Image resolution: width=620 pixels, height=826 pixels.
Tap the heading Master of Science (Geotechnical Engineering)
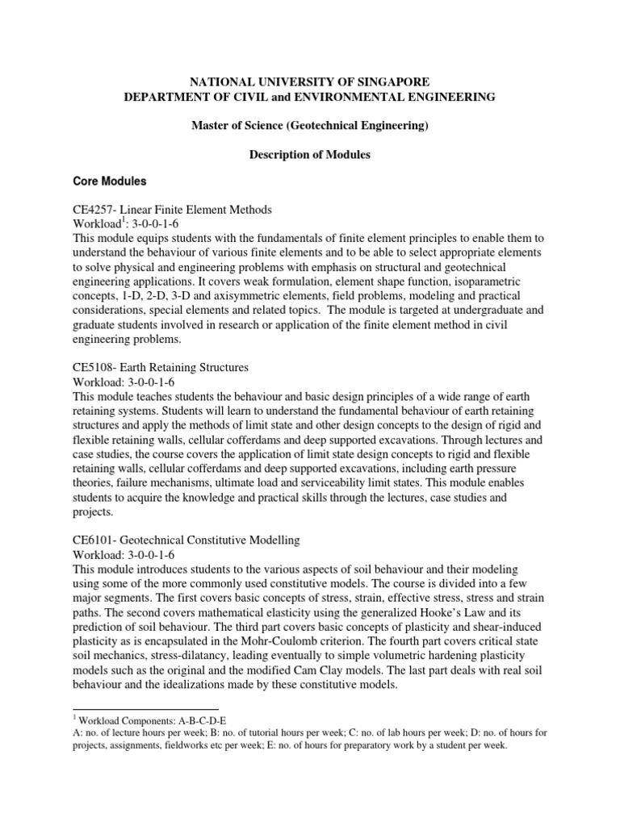310,125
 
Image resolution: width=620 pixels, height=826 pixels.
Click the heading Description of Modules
310,154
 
